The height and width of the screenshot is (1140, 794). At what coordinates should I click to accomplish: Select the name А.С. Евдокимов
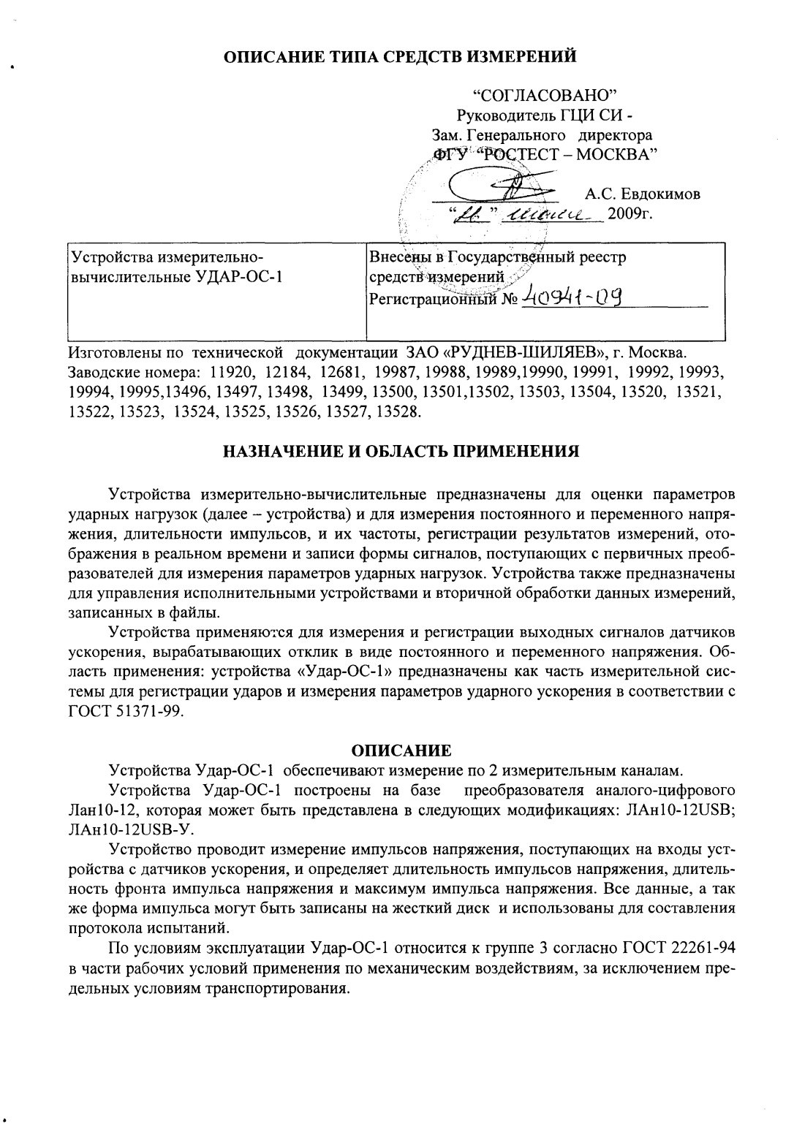[643, 194]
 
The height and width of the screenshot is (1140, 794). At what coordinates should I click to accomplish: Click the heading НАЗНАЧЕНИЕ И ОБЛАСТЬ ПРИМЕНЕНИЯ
[401, 451]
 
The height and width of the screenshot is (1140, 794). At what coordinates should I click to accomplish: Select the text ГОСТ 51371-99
[124, 712]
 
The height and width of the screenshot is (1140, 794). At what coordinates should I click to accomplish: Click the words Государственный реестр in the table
[537, 257]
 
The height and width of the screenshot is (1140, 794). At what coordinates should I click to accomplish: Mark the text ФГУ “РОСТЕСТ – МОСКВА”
[545, 153]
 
